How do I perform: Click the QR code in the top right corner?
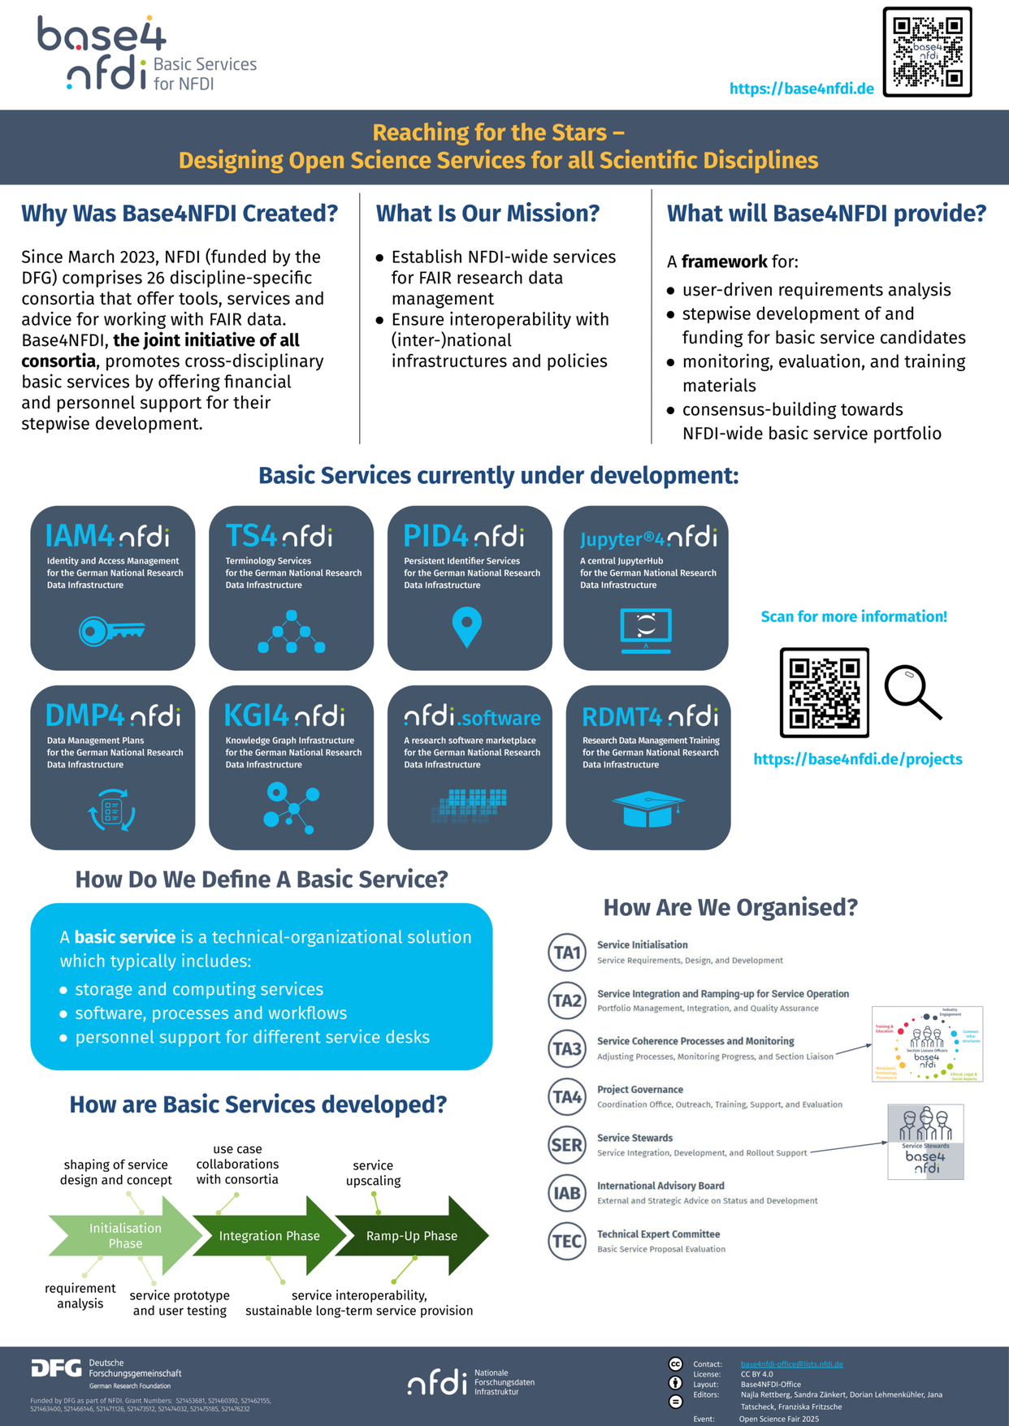[x=927, y=52]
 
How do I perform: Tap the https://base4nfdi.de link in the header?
[x=801, y=89]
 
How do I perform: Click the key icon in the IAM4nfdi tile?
[x=111, y=631]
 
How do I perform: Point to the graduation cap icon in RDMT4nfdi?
[x=647, y=810]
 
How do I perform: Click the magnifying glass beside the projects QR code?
[x=912, y=692]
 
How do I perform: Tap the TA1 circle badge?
[x=567, y=953]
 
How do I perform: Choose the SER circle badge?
[x=567, y=1145]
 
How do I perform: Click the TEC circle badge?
[x=567, y=1241]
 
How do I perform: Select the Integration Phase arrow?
[x=269, y=1236]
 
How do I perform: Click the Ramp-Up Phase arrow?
[x=412, y=1236]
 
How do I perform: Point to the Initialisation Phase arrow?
[x=125, y=1236]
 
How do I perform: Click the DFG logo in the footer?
[x=56, y=1369]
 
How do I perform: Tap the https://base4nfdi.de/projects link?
[x=857, y=759]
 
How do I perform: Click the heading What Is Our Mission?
[x=487, y=214]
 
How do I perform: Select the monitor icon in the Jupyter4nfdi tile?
[x=646, y=630]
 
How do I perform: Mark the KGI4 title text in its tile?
[x=257, y=715]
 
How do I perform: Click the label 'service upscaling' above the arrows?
[x=373, y=1173]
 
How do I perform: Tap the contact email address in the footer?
[x=791, y=1363]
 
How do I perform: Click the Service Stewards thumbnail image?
[x=925, y=1141]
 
